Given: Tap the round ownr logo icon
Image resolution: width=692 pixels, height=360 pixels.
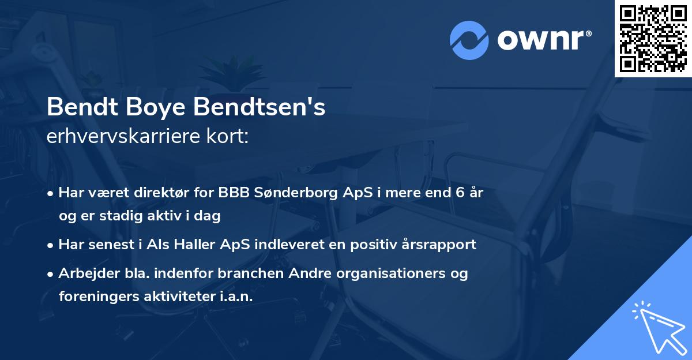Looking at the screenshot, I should click(x=469, y=40).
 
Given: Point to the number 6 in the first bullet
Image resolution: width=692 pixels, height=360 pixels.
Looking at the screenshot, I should click(x=460, y=193).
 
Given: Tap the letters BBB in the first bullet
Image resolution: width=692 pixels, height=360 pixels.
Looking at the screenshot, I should click(x=234, y=193).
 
